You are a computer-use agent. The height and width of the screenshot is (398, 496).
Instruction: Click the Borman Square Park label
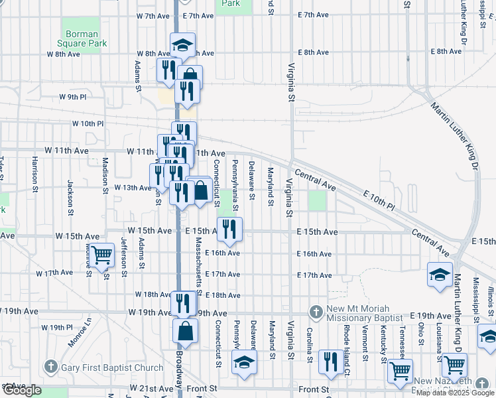coord(82,39)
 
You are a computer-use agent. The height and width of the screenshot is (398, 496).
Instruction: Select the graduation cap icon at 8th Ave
coord(182,45)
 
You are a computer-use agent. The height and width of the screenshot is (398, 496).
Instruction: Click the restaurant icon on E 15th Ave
coord(229,229)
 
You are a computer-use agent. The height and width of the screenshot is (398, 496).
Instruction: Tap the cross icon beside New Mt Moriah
coord(316,311)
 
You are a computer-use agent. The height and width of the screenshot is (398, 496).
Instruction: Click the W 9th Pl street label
coord(72,97)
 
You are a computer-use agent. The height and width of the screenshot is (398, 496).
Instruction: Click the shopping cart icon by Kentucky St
coord(400,371)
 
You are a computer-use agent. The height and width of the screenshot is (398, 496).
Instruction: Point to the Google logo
coord(21,390)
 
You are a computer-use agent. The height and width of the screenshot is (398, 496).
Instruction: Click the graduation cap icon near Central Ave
coord(440,273)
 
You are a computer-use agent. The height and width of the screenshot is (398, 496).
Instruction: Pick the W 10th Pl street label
coord(88,123)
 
